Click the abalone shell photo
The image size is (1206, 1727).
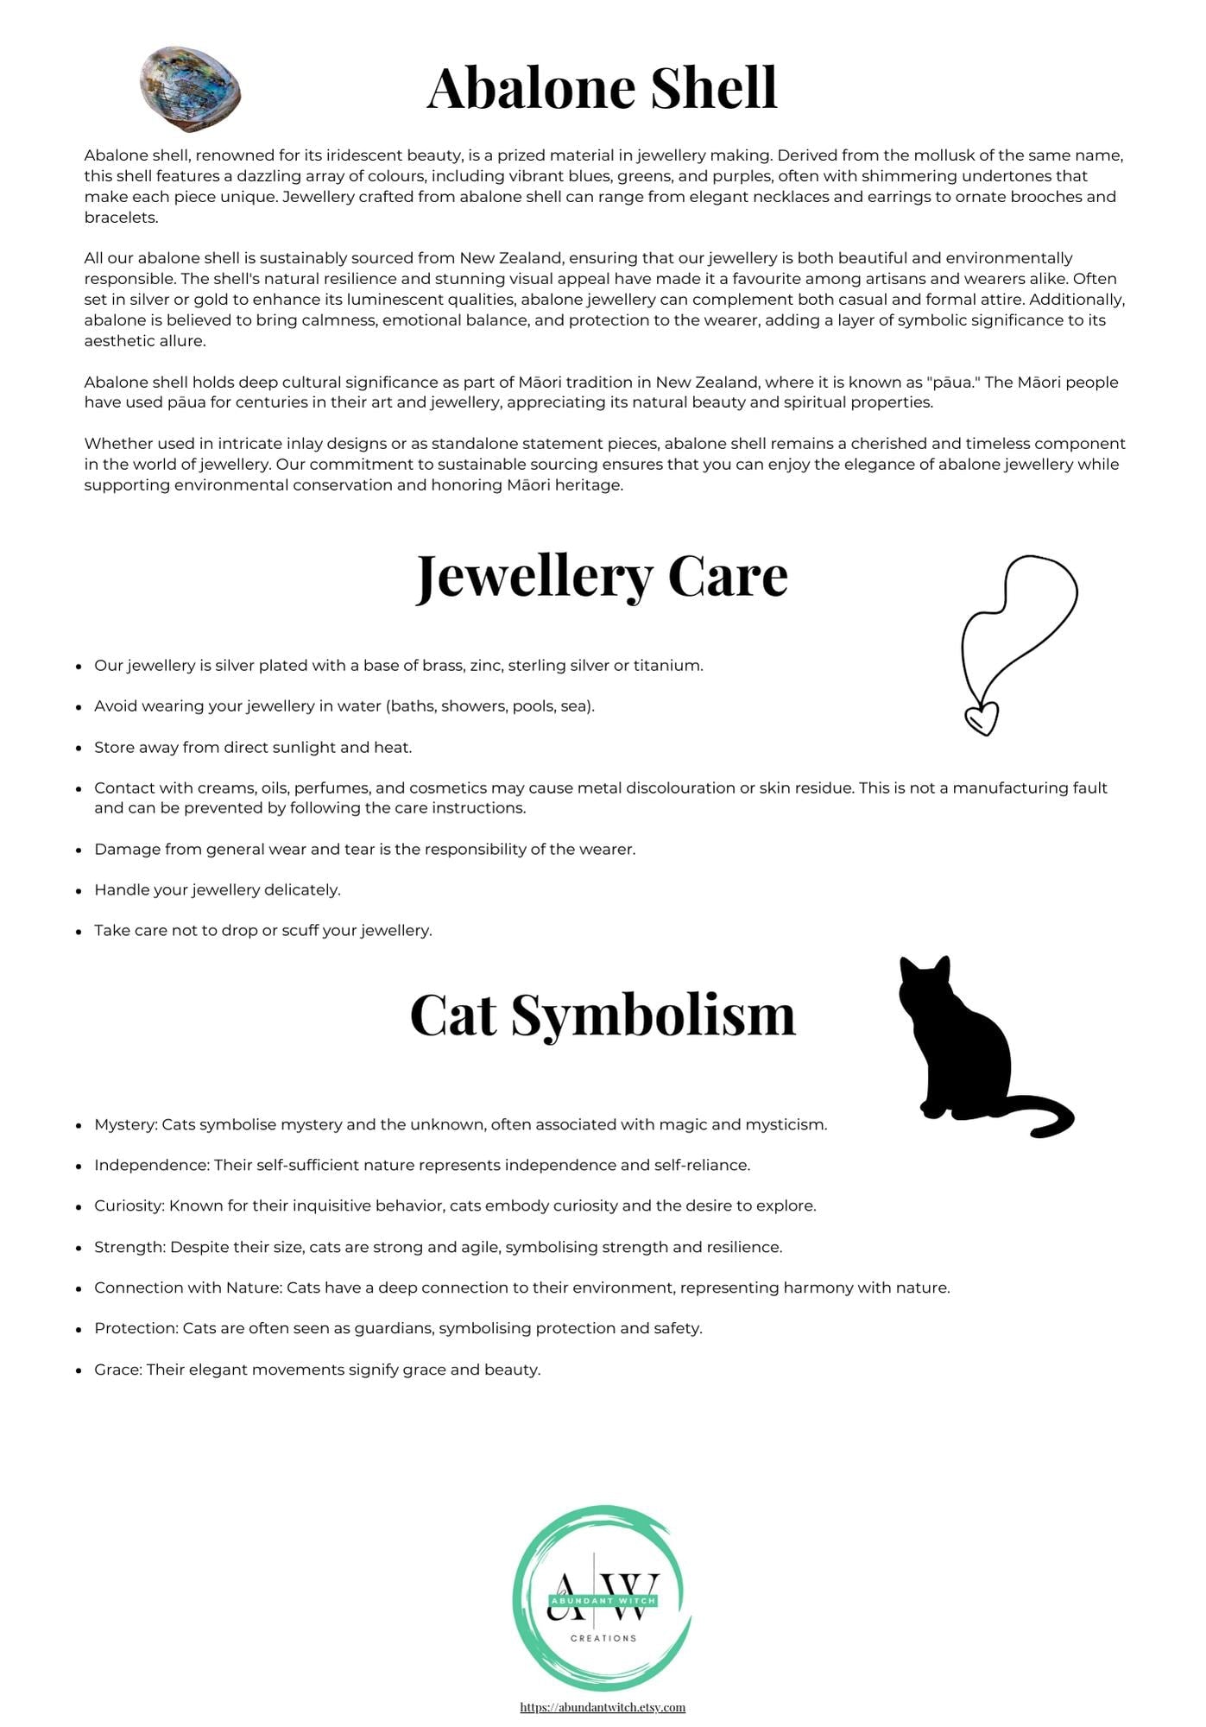click(190, 89)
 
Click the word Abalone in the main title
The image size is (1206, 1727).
click(530, 88)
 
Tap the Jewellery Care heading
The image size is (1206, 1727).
click(602, 576)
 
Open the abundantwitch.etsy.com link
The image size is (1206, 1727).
click(603, 1707)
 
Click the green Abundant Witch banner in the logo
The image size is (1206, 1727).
click(603, 1600)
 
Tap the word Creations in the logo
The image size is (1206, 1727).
click(603, 1638)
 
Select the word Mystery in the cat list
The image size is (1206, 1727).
click(125, 1125)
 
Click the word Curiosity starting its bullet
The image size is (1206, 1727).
click(129, 1206)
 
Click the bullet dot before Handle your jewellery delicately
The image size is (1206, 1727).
click(79, 891)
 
